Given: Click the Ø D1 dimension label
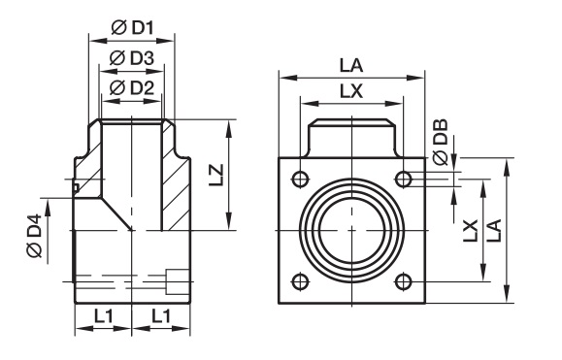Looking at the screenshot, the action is (x=132, y=27).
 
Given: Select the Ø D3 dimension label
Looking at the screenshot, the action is (x=132, y=57).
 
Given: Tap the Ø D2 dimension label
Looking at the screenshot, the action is (x=132, y=87).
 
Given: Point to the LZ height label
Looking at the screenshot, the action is (x=216, y=175).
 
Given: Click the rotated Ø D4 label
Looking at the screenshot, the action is (x=35, y=236).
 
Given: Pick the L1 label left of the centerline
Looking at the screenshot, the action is (x=104, y=316).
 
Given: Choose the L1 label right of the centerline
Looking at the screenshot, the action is (x=161, y=316).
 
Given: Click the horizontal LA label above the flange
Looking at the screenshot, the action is (x=351, y=66).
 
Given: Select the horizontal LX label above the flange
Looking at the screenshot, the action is (x=351, y=91).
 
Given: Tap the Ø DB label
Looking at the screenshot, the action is (x=441, y=143).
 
